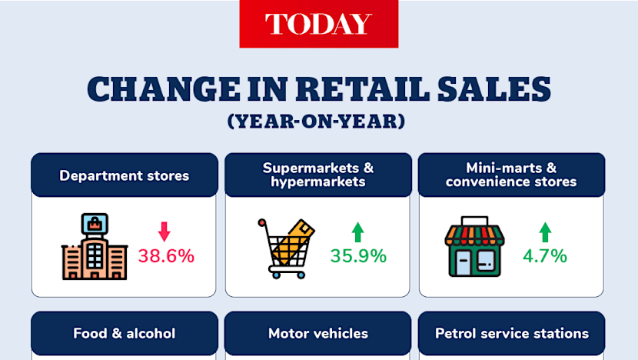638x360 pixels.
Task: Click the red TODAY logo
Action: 318,24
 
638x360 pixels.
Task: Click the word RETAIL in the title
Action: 363,88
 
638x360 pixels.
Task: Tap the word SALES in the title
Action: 494,88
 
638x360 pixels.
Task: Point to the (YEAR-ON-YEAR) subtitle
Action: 317,122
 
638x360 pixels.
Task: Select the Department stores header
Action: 125,175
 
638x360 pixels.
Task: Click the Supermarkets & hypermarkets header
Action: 318,175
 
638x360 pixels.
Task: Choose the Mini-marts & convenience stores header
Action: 511,175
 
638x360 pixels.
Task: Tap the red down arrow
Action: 164,232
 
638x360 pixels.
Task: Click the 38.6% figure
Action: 166,256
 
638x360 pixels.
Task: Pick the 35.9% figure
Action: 358,256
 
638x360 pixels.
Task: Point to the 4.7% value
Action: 545,256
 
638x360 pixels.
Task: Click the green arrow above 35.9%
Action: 358,232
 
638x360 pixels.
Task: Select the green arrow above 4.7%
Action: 545,232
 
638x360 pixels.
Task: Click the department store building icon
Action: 95,246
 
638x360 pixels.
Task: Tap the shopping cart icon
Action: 286,248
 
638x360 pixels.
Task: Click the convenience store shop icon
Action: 474,247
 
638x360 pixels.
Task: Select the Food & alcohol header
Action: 125,334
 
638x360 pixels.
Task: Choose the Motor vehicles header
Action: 318,334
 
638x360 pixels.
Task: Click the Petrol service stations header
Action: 511,334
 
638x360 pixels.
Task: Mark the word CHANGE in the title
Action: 164,88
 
